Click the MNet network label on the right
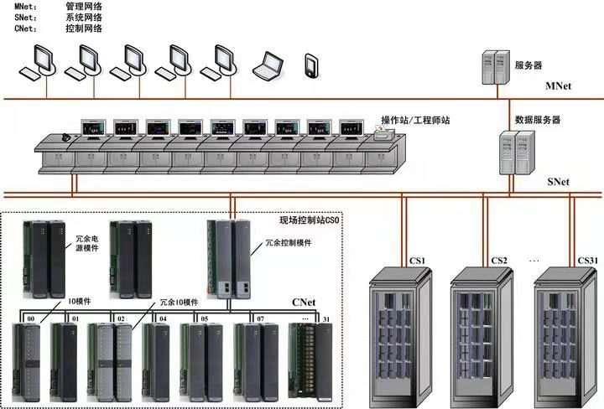click(559, 86)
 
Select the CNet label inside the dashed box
click(304, 301)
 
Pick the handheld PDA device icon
click(311, 66)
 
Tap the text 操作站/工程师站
click(416, 121)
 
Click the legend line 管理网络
click(84, 7)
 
